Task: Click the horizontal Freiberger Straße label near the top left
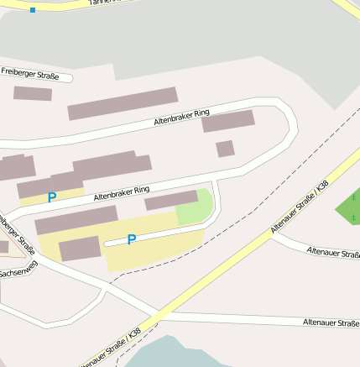coord(30,76)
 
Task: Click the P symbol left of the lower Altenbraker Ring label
coord(52,198)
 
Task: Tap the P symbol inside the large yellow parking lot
coord(131,240)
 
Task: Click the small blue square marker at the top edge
coord(33,10)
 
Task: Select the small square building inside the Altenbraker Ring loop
coord(225,149)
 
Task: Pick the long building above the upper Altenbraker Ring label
coord(123,103)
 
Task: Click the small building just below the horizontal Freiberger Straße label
coord(33,93)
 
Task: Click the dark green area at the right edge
coord(348,210)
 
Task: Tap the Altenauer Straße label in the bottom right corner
coord(331,322)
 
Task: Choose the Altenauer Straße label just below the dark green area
coord(333,252)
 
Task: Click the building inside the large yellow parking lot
coord(80,249)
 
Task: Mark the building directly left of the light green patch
coord(171,200)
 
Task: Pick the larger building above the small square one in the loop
coord(228,121)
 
